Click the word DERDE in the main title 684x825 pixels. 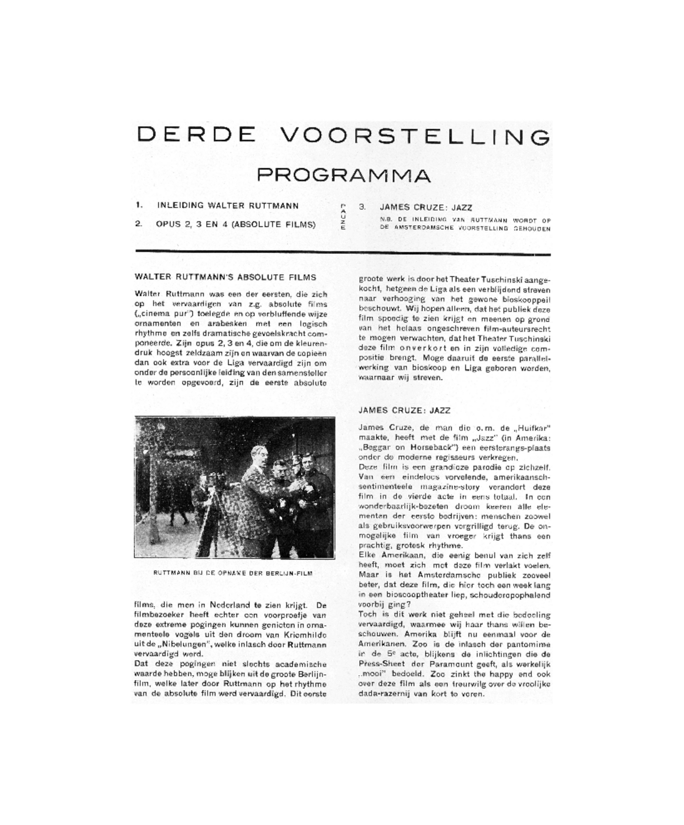click(196, 135)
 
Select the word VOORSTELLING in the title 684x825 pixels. click(414, 136)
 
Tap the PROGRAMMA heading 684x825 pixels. click(344, 175)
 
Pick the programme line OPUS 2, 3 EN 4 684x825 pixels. click(235, 224)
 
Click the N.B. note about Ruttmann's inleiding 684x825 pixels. click(465, 224)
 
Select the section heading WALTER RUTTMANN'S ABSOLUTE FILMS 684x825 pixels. click(225, 277)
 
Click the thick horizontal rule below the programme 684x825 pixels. click(343, 252)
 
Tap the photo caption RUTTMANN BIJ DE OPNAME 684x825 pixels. click(233, 573)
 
